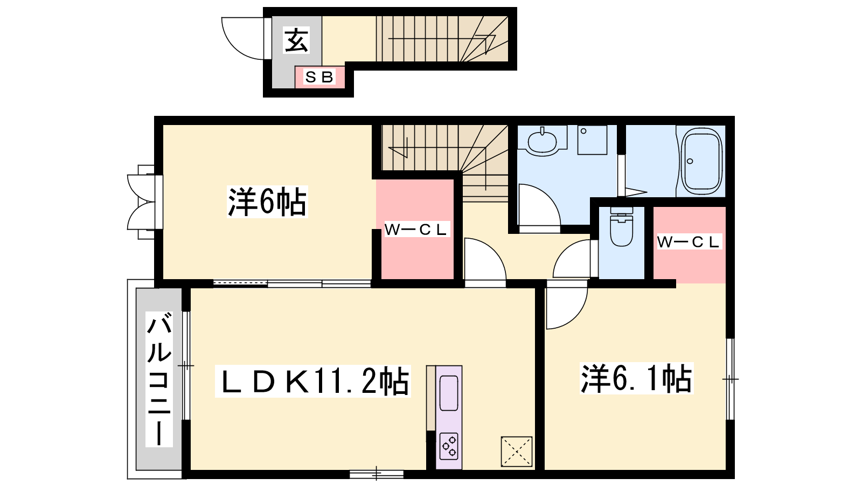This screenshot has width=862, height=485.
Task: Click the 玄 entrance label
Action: (296, 40)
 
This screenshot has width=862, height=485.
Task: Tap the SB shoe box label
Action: (319, 77)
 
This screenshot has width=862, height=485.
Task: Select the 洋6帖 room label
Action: (267, 202)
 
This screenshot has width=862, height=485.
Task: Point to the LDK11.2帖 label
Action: (313, 381)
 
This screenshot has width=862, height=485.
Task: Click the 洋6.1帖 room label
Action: (636, 378)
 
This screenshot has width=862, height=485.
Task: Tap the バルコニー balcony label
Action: (159, 379)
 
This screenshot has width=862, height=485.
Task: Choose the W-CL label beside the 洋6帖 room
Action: (417, 230)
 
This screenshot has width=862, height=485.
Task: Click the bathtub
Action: (701, 162)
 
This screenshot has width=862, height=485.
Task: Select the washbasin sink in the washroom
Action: (542, 142)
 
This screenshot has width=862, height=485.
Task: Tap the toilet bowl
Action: (622, 228)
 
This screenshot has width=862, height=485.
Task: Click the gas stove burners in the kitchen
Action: (449, 447)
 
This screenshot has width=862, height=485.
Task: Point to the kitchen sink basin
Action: (449, 393)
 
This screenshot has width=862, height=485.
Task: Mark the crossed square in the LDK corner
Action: (517, 452)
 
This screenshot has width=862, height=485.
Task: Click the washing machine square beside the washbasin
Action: (592, 140)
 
